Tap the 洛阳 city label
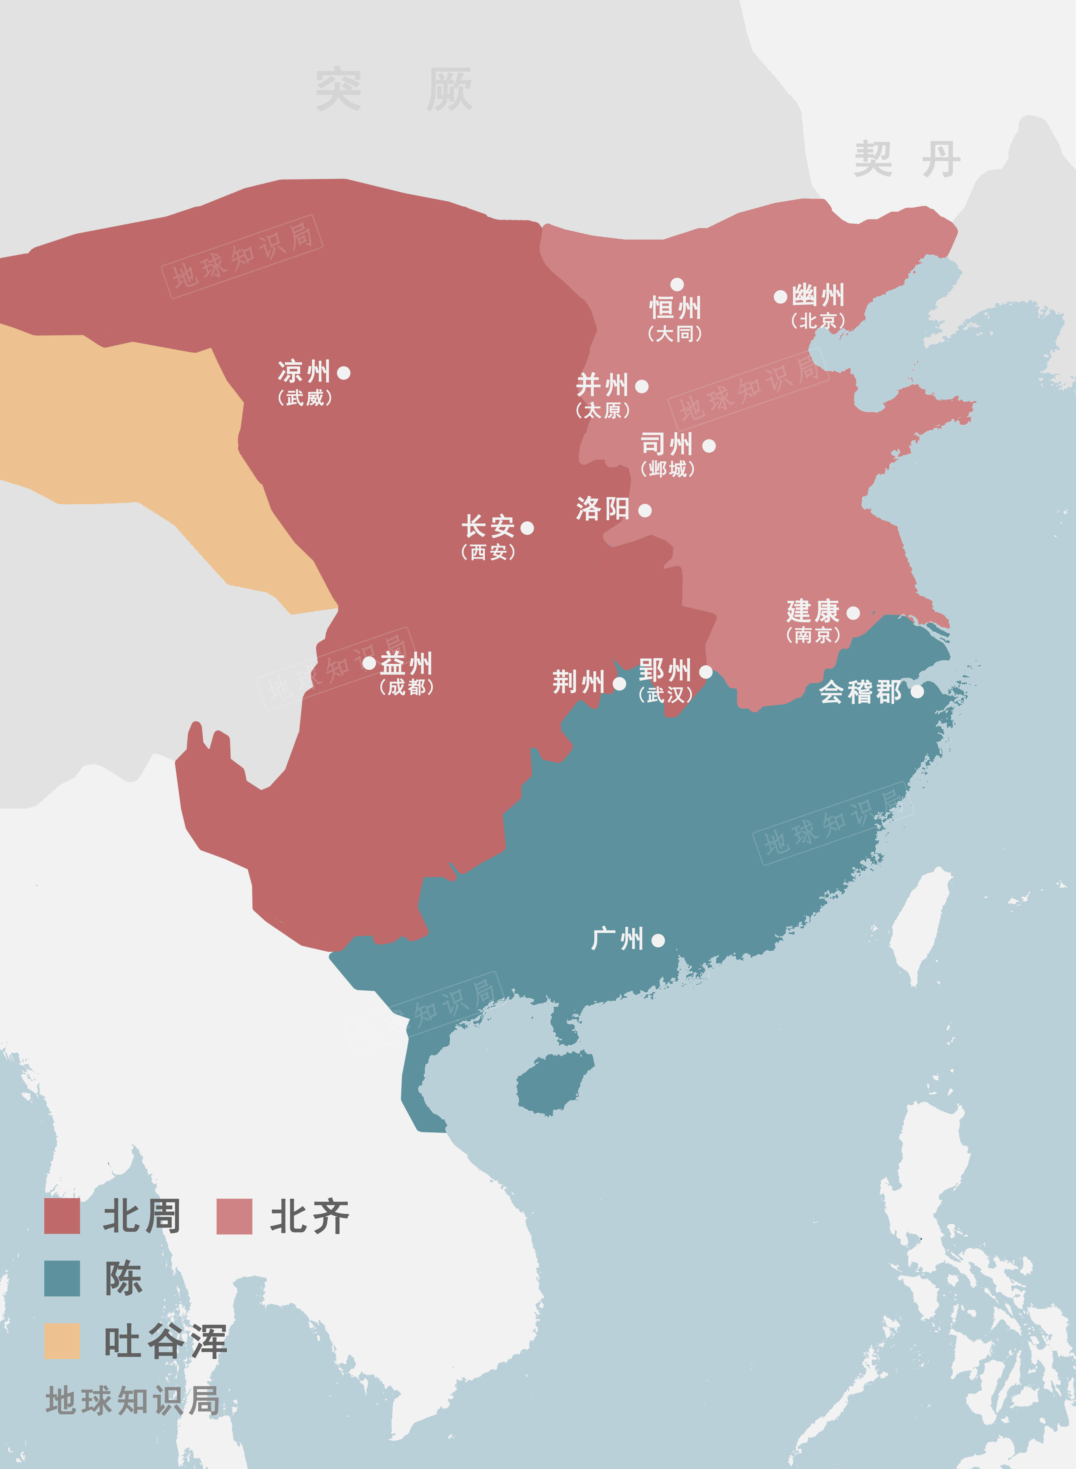coord(602,509)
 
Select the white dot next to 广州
coord(658,940)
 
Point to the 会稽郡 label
coord(860,692)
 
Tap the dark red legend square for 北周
coord(62,1216)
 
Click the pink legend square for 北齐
coord(234,1216)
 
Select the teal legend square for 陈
coord(62,1278)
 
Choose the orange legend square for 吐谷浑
coord(62,1341)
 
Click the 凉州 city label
coord(304,372)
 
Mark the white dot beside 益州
coord(369,662)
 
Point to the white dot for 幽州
coord(780,296)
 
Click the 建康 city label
coord(813,611)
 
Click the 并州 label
coord(602,385)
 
